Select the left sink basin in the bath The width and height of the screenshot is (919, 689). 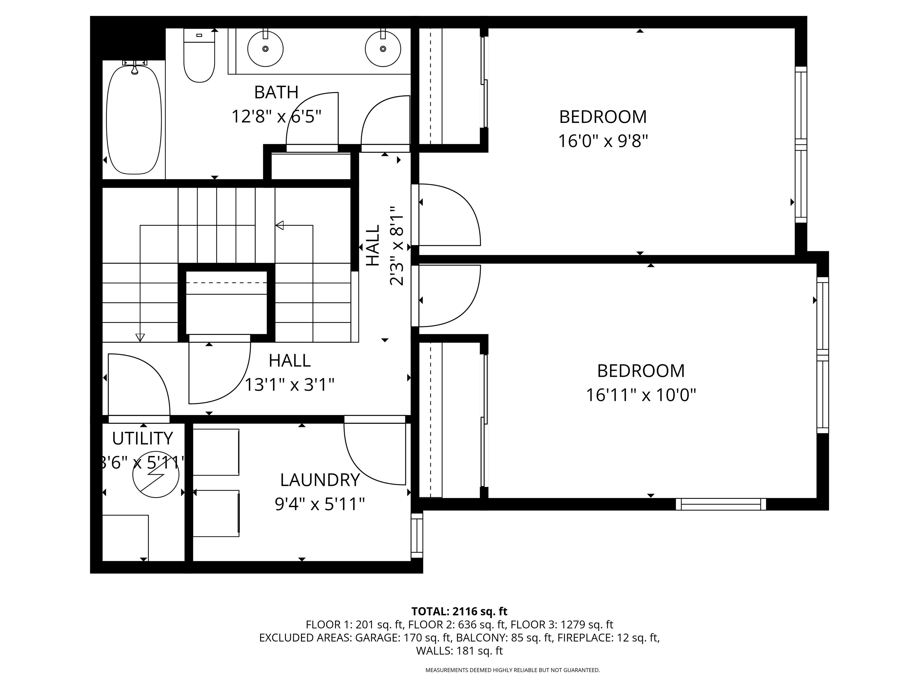tap(265, 48)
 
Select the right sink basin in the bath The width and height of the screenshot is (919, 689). tap(383, 48)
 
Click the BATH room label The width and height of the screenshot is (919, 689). tap(276, 92)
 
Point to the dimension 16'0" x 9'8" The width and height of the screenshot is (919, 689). tap(603, 141)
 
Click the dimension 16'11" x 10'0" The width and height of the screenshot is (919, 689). tap(641, 395)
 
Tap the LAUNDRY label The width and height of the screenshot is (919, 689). tap(319, 480)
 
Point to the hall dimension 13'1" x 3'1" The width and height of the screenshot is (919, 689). tap(289, 385)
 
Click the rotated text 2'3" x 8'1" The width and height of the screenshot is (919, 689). tap(397, 246)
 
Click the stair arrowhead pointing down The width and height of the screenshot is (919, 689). tap(140, 338)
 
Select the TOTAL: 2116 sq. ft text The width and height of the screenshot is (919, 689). tap(459, 611)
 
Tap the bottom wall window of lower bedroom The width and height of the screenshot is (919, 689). tap(721, 504)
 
